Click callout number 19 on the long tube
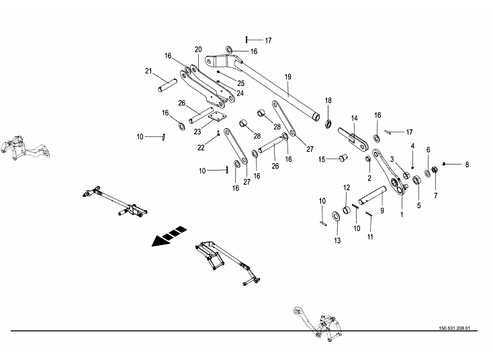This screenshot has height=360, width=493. coord(287,77)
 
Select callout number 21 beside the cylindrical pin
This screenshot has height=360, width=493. coord(148,71)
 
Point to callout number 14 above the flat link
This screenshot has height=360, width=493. coord(354,118)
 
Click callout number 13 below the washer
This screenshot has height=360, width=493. coord(337,240)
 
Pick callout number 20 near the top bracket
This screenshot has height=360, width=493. coord(198,50)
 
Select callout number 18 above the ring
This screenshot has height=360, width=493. coord(328,101)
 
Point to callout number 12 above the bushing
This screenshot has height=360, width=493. coord(347,187)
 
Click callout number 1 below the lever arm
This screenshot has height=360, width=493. coord(402,214)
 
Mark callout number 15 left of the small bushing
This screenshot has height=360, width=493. coord(322,159)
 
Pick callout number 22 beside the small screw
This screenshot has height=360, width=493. coord(201,147)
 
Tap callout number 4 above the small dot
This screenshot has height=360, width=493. coord(412,146)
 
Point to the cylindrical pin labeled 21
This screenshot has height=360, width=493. coord(168,86)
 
